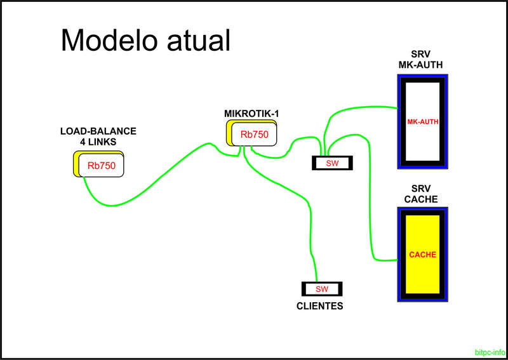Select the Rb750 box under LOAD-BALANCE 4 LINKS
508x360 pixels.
101,166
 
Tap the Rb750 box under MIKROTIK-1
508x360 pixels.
254,135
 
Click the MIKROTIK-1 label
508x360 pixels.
252,113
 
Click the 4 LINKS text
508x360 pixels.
98,142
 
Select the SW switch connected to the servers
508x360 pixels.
333,163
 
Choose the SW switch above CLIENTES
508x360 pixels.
322,289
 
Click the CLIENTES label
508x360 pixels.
320,306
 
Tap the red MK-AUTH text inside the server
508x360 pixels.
423,121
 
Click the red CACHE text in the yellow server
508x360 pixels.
422,254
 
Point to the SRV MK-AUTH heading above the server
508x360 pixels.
420,59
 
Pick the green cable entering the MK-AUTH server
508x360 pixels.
362,107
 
